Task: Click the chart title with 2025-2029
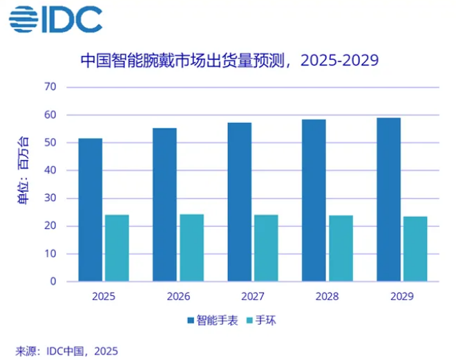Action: pyautogui.click(x=229, y=60)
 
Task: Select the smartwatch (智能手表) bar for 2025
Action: pyautogui.click(x=90, y=210)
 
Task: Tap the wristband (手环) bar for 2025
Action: pyautogui.click(x=117, y=248)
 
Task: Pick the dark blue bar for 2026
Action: pyautogui.click(x=164, y=205)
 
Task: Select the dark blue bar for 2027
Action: pyautogui.click(x=239, y=202)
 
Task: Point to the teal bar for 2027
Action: pyautogui.click(x=266, y=248)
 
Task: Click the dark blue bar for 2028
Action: pyautogui.click(x=314, y=200)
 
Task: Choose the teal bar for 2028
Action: pyautogui.click(x=341, y=249)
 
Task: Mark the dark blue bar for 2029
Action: pyautogui.click(x=388, y=200)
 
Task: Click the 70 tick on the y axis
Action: pyautogui.click(x=50, y=87)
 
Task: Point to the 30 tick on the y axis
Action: pyautogui.click(x=50, y=198)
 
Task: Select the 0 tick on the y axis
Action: pyautogui.click(x=53, y=282)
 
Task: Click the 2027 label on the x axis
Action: pyautogui.click(x=252, y=297)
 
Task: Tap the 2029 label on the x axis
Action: pyautogui.click(x=401, y=297)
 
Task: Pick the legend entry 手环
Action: pyautogui.click(x=265, y=321)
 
